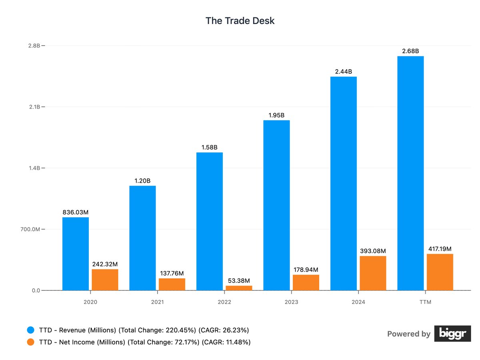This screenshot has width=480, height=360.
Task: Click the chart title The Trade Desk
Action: [240, 21]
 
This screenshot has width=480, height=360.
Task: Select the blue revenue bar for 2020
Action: [76, 254]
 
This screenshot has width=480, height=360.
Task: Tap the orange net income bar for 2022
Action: [239, 288]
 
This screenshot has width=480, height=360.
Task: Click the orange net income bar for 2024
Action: [373, 273]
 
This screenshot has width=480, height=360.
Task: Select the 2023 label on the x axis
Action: [291, 302]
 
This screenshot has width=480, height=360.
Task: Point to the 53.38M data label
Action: [239, 280]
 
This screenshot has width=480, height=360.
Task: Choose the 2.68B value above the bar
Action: [410, 51]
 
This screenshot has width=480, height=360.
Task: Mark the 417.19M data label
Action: [440, 249]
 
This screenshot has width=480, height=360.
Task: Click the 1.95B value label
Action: [276, 115]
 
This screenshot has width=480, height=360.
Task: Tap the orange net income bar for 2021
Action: [172, 284]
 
